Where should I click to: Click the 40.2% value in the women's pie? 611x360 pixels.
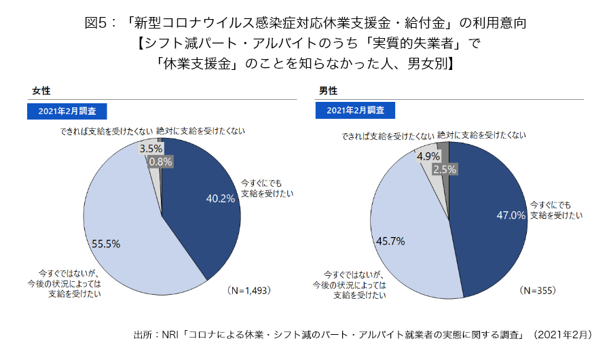(x=221, y=199)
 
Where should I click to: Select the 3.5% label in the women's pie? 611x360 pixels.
(x=150, y=148)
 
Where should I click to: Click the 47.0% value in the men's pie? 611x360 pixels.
(x=511, y=215)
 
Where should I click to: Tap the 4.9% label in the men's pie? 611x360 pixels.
(x=429, y=156)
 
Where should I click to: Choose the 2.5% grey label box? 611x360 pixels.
(x=444, y=170)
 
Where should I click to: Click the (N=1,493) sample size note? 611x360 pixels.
(x=248, y=290)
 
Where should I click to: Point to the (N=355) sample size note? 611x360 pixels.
(x=538, y=290)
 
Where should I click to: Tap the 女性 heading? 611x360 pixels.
(x=41, y=91)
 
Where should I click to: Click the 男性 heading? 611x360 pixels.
(x=329, y=91)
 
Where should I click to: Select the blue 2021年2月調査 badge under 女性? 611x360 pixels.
(x=67, y=111)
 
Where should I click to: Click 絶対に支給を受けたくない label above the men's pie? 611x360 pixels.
(x=482, y=135)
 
